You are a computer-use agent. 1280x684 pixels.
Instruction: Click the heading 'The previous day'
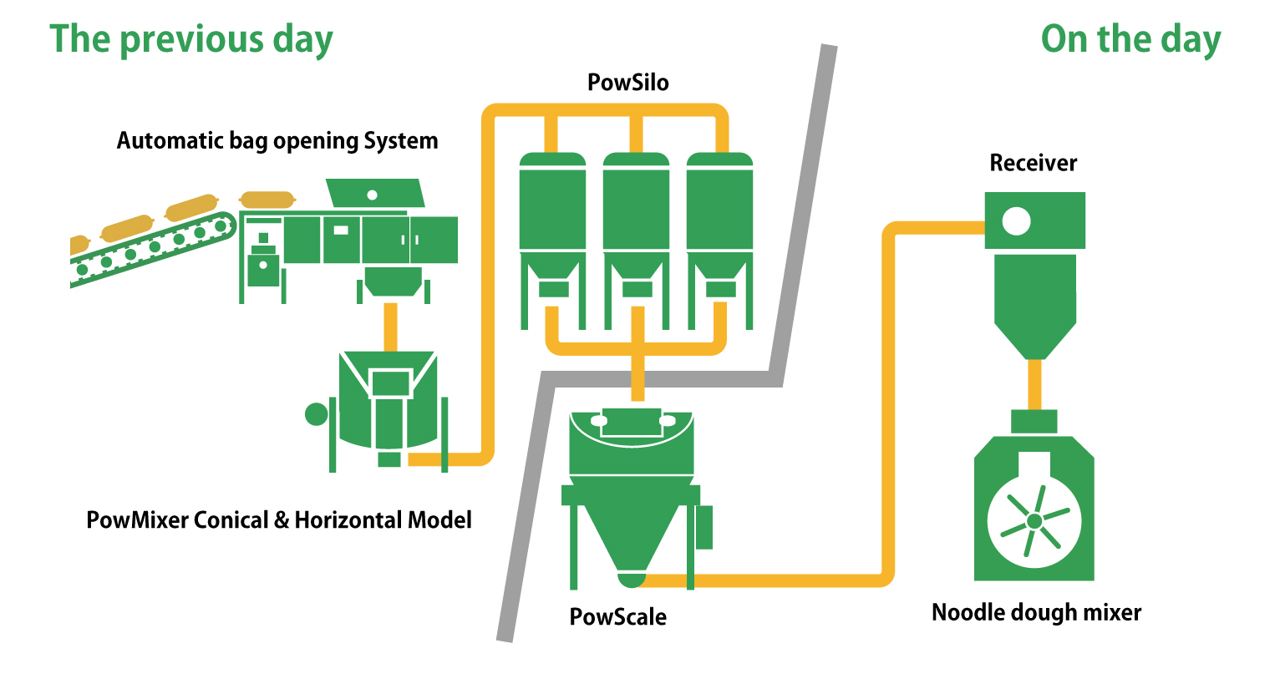pyautogui.click(x=191, y=39)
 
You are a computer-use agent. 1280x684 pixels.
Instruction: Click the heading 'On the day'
pyautogui.click(x=1130, y=39)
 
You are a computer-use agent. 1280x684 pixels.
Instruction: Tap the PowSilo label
pyautogui.click(x=628, y=83)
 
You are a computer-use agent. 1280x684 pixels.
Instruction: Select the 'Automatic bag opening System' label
pyautogui.click(x=277, y=140)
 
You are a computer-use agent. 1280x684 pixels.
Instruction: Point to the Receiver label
pyautogui.click(x=1034, y=163)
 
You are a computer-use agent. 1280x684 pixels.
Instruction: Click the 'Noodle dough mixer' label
pyautogui.click(x=1036, y=612)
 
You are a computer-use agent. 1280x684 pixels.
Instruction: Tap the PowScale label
pyautogui.click(x=618, y=617)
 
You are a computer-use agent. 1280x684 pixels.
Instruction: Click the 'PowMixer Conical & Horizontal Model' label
pyautogui.click(x=279, y=520)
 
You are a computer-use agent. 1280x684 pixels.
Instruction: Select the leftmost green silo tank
pyautogui.click(x=552, y=205)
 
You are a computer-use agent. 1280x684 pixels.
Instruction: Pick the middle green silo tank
pyautogui.click(x=636, y=205)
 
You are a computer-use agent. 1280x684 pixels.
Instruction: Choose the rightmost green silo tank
pyautogui.click(x=719, y=205)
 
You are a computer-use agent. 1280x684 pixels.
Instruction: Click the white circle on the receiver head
pyautogui.click(x=1017, y=221)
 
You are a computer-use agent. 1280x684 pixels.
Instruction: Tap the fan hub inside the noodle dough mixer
pyautogui.click(x=1034, y=521)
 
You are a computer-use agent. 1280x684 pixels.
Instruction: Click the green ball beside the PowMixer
pyautogui.click(x=317, y=413)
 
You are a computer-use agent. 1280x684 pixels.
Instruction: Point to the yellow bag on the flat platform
pyautogui.click(x=267, y=200)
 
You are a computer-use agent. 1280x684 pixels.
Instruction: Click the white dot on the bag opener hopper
pyautogui.click(x=373, y=195)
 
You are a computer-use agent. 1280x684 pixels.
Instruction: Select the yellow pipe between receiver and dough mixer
pyautogui.click(x=1034, y=384)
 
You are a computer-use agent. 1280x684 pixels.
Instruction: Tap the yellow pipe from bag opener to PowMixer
pyautogui.click(x=389, y=326)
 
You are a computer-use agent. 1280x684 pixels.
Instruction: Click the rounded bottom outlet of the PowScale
pyautogui.click(x=632, y=577)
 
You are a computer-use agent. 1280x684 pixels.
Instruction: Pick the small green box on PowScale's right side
pyautogui.click(x=704, y=527)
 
